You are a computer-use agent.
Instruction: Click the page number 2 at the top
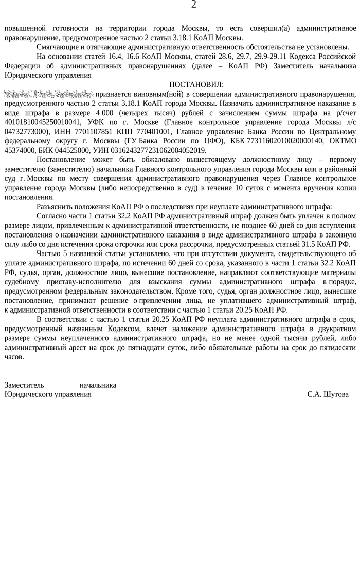(x=193, y=5)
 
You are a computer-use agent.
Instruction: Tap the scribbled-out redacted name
(x=49, y=94)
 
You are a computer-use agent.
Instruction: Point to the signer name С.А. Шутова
(x=328, y=394)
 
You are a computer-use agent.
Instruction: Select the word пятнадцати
(x=174, y=348)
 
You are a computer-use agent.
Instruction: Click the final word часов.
(x=14, y=357)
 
